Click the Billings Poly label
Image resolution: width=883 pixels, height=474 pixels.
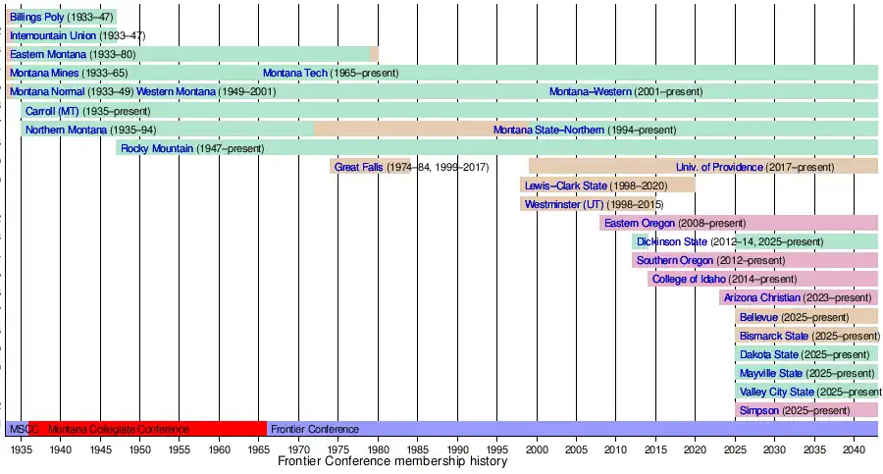37,17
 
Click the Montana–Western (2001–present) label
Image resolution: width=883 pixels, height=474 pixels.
590,91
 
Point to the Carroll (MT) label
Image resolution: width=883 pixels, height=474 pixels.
52,111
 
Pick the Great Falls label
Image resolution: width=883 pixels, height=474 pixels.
358,167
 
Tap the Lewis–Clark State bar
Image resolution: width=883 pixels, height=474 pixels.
607,185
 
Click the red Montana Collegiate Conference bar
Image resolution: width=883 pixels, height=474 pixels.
147,429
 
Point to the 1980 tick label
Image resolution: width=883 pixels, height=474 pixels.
378,448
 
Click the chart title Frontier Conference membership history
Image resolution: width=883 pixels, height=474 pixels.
392,461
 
